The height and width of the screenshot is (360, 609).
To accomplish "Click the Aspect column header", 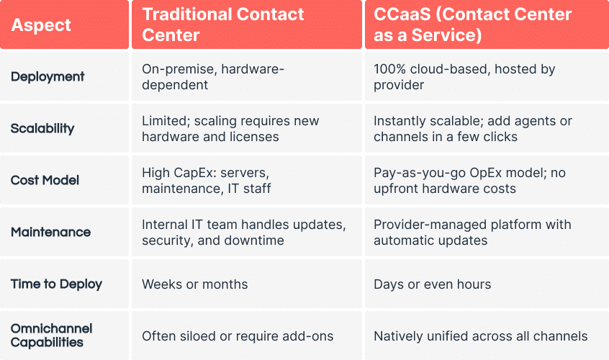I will tap(41, 25).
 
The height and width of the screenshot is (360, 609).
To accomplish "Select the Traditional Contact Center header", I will tap(223, 24).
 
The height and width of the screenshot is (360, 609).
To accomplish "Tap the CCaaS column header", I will tap(472, 24).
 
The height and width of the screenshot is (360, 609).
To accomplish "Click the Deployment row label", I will tap(48, 77).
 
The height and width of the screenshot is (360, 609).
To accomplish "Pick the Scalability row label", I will tap(42, 129).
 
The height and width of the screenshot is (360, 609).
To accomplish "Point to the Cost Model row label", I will tap(45, 181).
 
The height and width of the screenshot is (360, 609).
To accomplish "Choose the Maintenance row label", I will tap(50, 233).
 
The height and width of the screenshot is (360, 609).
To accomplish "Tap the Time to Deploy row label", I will tap(56, 284).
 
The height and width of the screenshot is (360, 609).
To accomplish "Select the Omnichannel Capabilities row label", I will tap(51, 336).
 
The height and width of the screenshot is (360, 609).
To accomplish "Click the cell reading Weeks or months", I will tap(194, 284).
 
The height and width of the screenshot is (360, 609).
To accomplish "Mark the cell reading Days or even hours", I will tap(432, 284).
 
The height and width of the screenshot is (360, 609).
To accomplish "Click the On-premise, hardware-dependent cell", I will tap(213, 77).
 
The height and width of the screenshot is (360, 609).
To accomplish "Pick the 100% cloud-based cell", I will tap(464, 77).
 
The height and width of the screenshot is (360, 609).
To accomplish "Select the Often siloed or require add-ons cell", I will tap(238, 336).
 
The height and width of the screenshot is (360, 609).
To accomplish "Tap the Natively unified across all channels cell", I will tap(480, 336).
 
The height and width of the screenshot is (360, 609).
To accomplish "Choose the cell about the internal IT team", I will tap(240, 233).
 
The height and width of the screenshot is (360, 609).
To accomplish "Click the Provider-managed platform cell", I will tap(472, 233).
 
